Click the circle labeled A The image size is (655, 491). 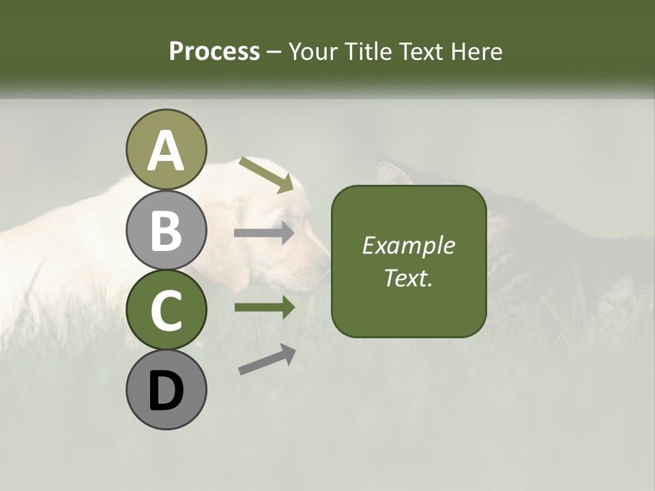click(166, 149)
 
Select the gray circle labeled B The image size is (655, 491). click(166, 230)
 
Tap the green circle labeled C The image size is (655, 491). click(166, 310)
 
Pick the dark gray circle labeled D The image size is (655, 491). click(166, 389)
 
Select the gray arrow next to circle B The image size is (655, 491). click(264, 233)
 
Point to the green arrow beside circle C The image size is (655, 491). click(264, 308)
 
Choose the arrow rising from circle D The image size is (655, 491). click(267, 359)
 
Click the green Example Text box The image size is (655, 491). click(409, 261)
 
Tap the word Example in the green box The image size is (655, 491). click(408, 245)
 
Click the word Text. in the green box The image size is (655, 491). click(408, 278)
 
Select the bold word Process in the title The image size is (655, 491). click(214, 51)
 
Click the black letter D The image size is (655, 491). click(166, 391)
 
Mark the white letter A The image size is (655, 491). click(166, 151)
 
